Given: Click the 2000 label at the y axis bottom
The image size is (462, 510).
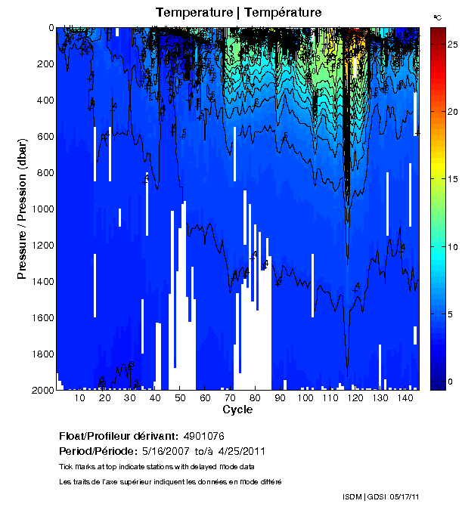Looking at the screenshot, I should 42,390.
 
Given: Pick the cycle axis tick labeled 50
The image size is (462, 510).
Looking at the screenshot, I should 180,398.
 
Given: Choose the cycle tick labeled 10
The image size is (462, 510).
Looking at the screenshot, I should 80,398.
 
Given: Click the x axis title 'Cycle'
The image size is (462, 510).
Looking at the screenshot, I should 237,410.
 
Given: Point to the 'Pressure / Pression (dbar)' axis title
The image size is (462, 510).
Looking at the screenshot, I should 22,209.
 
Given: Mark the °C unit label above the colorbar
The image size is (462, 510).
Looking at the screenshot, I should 437,17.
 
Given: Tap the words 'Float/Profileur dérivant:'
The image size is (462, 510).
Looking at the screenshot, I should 117,437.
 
